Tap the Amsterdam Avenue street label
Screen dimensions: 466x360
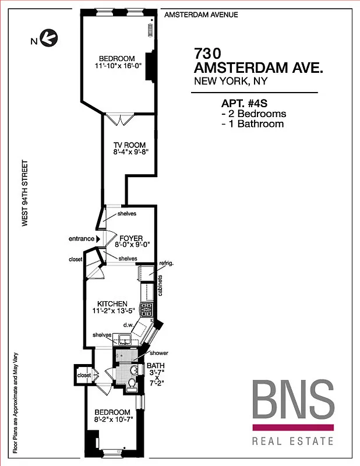pos(201,15)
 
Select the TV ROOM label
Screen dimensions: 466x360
pos(129,145)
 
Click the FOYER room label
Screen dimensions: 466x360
pos(131,239)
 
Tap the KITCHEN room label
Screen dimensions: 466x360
pos(112,303)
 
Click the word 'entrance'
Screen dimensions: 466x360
pos(82,239)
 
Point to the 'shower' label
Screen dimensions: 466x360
pos(159,353)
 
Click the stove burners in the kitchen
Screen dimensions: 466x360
pos(148,309)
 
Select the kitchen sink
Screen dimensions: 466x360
pos(125,338)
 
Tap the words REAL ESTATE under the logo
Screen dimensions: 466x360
pos(292,441)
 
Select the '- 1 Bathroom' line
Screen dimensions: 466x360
pos(253,123)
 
